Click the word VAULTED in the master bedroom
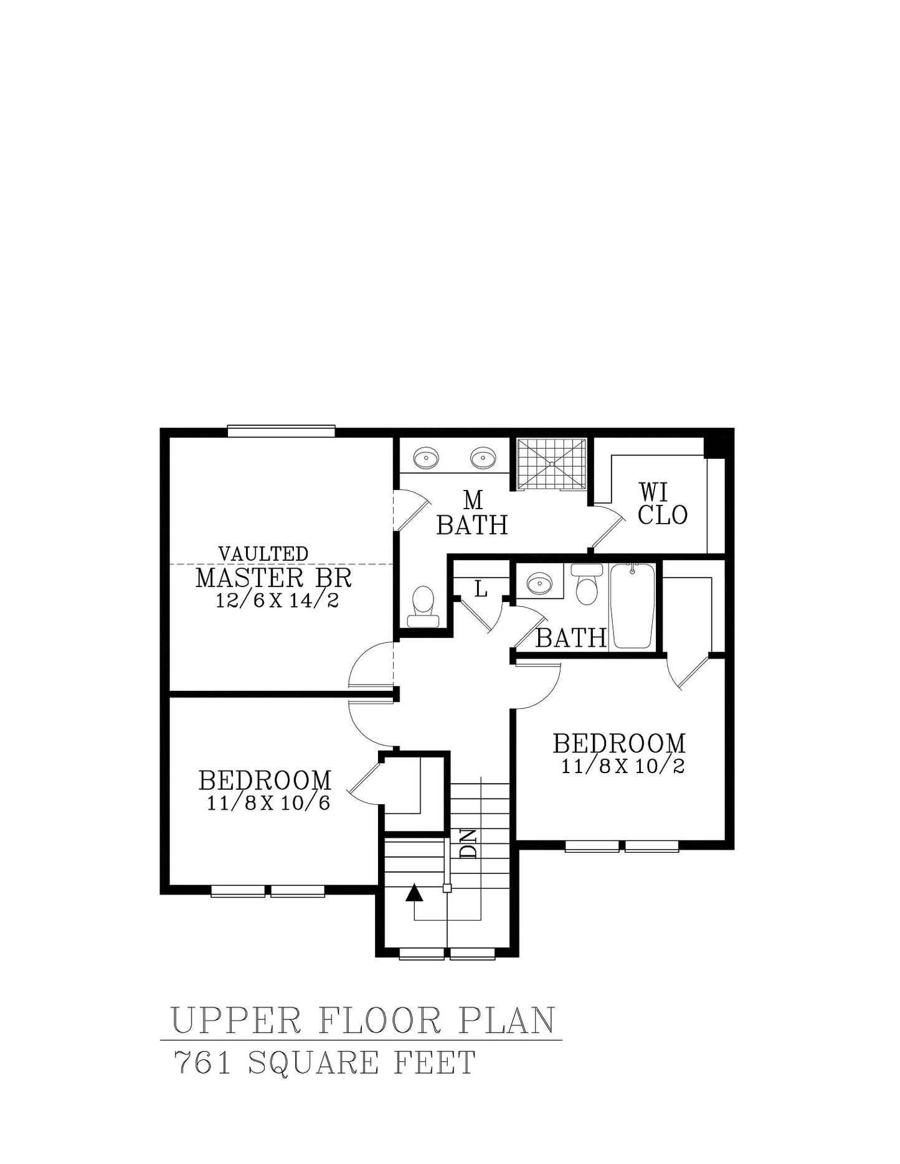pyautogui.click(x=263, y=553)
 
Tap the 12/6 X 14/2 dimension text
pyautogui.click(x=277, y=601)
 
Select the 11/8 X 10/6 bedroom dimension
pyautogui.click(x=268, y=803)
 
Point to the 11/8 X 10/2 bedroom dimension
pyautogui.click(x=623, y=766)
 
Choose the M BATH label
pyautogui.click(x=472, y=514)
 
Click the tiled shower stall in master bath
pyautogui.click(x=551, y=464)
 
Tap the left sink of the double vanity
pyautogui.click(x=427, y=458)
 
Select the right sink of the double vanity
pyautogui.click(x=483, y=458)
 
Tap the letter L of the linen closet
pyautogui.click(x=481, y=588)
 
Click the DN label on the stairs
pyautogui.click(x=468, y=843)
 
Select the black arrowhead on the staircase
pyautogui.click(x=414, y=893)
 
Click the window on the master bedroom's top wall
pyautogui.click(x=282, y=431)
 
